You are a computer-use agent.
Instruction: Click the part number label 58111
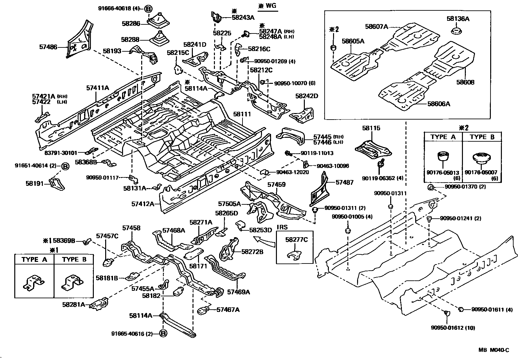[242, 114]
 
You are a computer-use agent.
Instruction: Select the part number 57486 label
[48, 47]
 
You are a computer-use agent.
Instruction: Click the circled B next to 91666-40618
[148, 9]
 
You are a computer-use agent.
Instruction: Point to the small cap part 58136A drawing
[457, 32]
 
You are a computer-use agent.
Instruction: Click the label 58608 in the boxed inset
[465, 82]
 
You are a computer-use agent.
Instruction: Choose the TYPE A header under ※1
[34, 259]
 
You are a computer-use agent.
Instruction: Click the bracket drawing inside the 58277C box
[295, 255]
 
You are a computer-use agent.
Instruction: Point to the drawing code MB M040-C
[493, 350]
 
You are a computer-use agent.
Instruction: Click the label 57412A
[143, 204]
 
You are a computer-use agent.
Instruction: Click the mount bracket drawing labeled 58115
[373, 148]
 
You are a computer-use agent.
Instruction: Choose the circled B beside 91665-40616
[163, 333]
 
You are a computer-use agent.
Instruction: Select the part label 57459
[276, 185]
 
